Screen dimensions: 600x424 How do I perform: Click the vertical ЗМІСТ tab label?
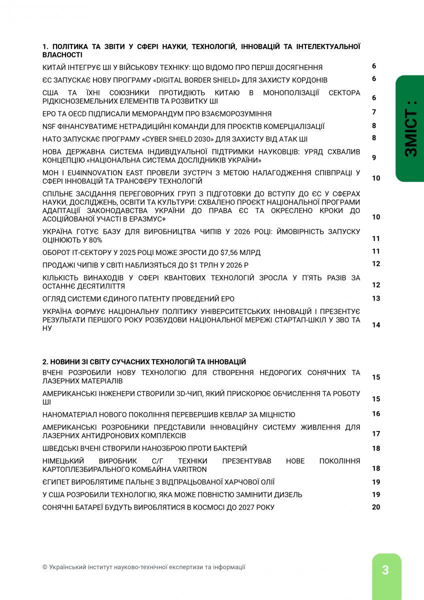click(x=410, y=129)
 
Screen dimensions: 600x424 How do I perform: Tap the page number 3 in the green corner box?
click(x=385, y=570)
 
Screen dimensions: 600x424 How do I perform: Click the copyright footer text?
click(x=144, y=567)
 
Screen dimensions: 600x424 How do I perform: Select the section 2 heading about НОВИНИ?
click(x=144, y=361)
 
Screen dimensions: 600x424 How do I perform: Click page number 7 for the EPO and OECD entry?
click(x=374, y=112)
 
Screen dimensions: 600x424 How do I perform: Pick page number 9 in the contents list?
click(x=374, y=157)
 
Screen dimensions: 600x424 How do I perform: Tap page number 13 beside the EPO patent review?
click(x=376, y=298)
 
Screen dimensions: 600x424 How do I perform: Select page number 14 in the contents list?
click(x=376, y=325)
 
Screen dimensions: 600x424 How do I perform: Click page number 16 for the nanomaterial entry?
click(x=376, y=414)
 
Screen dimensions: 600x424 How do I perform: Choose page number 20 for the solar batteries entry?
click(x=376, y=507)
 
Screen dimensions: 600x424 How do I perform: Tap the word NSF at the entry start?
click(x=49, y=126)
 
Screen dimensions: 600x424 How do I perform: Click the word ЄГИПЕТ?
click(x=57, y=482)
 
